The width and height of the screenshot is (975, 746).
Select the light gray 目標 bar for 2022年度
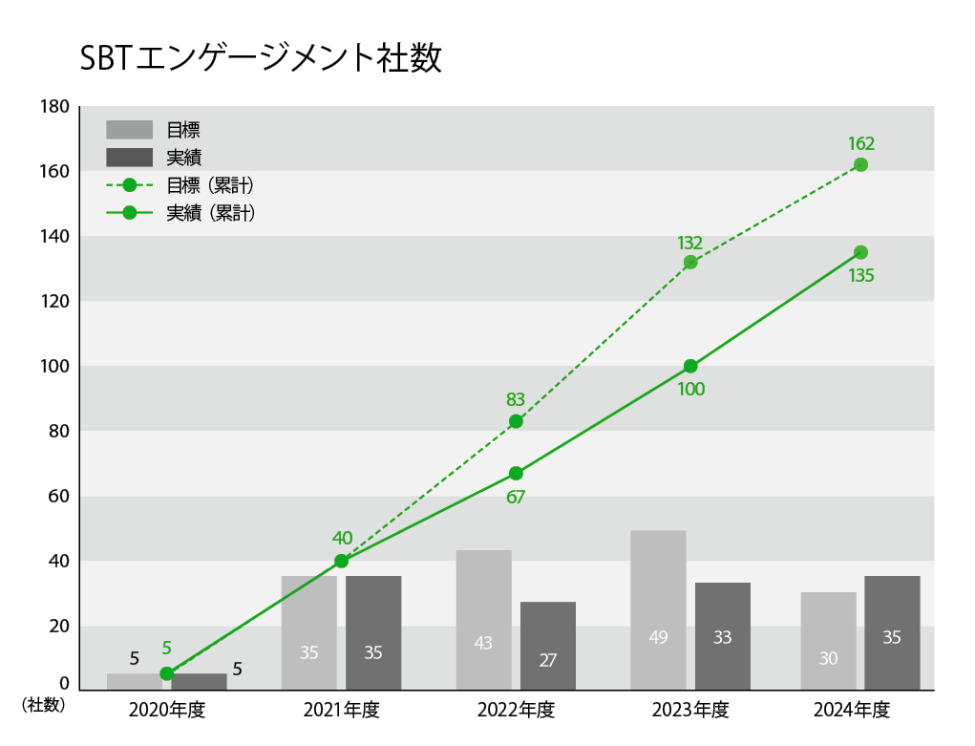483,620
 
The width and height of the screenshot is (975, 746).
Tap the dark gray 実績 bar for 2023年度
722,636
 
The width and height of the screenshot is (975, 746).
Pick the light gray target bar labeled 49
658,610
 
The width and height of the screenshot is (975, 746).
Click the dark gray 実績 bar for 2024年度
892,632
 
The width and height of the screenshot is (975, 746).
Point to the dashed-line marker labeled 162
860,164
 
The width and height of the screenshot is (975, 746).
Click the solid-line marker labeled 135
860,252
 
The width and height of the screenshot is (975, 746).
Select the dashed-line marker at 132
690,262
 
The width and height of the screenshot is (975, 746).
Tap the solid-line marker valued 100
690,366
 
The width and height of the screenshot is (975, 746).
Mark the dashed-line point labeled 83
516,421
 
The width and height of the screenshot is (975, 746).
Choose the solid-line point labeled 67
516,473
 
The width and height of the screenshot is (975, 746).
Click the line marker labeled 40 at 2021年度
341,561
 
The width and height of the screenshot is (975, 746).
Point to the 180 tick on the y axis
54,107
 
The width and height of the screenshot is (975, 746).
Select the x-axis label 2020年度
167,710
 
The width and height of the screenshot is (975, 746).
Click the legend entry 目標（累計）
210,184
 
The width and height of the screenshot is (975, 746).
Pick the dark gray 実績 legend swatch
129,158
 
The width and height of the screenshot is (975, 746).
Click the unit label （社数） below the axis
43,705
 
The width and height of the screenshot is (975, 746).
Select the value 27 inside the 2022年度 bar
547,660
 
